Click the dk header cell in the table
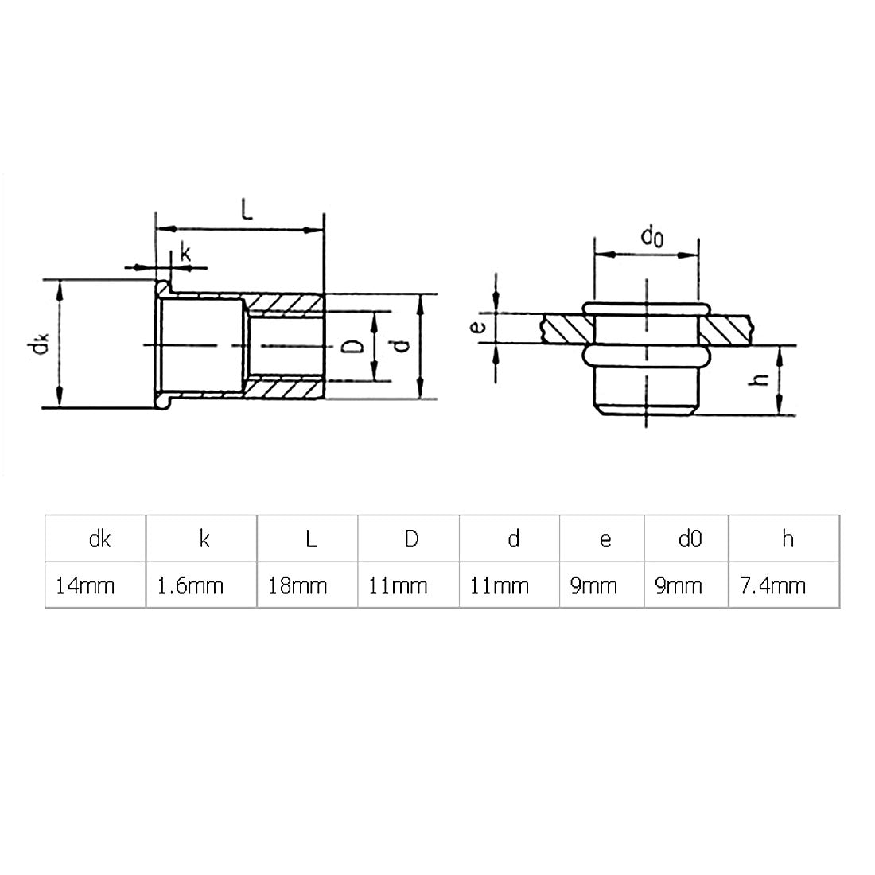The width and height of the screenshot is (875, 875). point(96,539)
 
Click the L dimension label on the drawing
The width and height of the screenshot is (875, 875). point(247,210)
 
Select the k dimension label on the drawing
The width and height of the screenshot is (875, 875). point(185,254)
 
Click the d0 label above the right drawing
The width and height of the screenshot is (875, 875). point(651,235)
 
